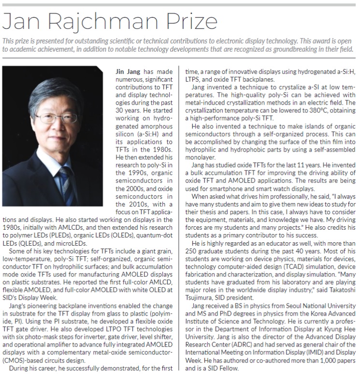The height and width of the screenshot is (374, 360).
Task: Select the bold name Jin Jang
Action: [x=127, y=71]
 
